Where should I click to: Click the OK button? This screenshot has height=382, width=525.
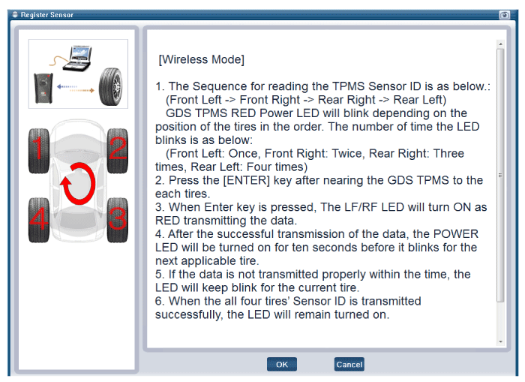281,364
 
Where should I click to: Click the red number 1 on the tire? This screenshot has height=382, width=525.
38,147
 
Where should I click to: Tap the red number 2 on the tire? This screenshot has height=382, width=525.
118,147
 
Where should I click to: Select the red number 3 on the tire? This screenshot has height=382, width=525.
118,218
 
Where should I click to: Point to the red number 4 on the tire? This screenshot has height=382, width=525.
39,218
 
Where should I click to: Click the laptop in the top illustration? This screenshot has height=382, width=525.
78,58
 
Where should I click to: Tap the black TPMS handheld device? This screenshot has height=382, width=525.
43,88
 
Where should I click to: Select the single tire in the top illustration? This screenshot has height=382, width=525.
110,86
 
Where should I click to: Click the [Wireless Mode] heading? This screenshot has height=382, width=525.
201,59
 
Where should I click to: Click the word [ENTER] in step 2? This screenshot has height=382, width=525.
247,180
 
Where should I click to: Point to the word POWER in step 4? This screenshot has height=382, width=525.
456,234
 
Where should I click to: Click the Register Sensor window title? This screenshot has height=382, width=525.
46,15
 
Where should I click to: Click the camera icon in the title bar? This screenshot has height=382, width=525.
504,15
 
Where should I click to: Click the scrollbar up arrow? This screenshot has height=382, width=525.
500,44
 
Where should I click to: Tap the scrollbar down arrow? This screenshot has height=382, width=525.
500,341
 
